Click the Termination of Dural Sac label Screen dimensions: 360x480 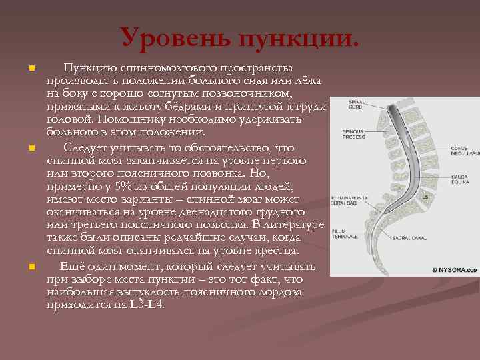pos(351,201)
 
